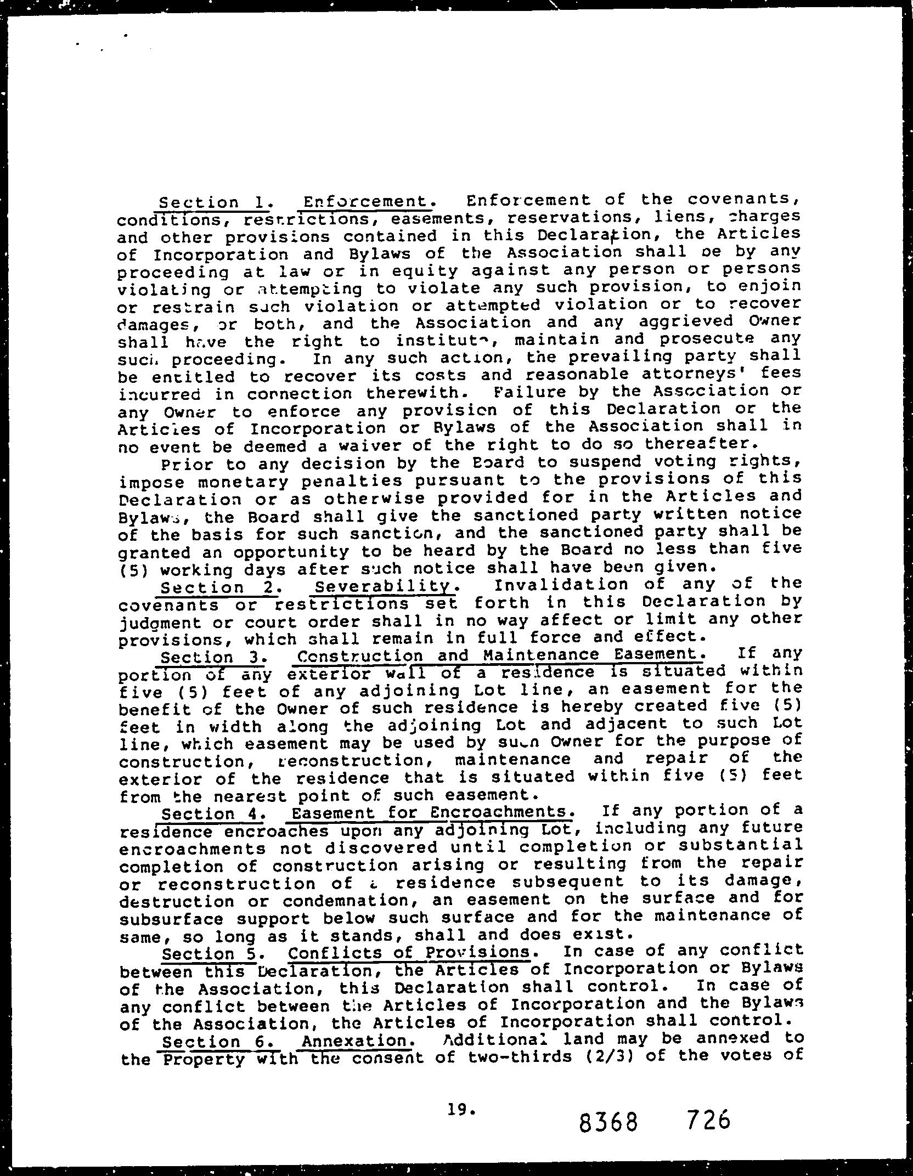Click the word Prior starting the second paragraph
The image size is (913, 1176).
pos(185,465)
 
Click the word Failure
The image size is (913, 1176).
pos(519,392)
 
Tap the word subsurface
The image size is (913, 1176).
pos(171,919)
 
